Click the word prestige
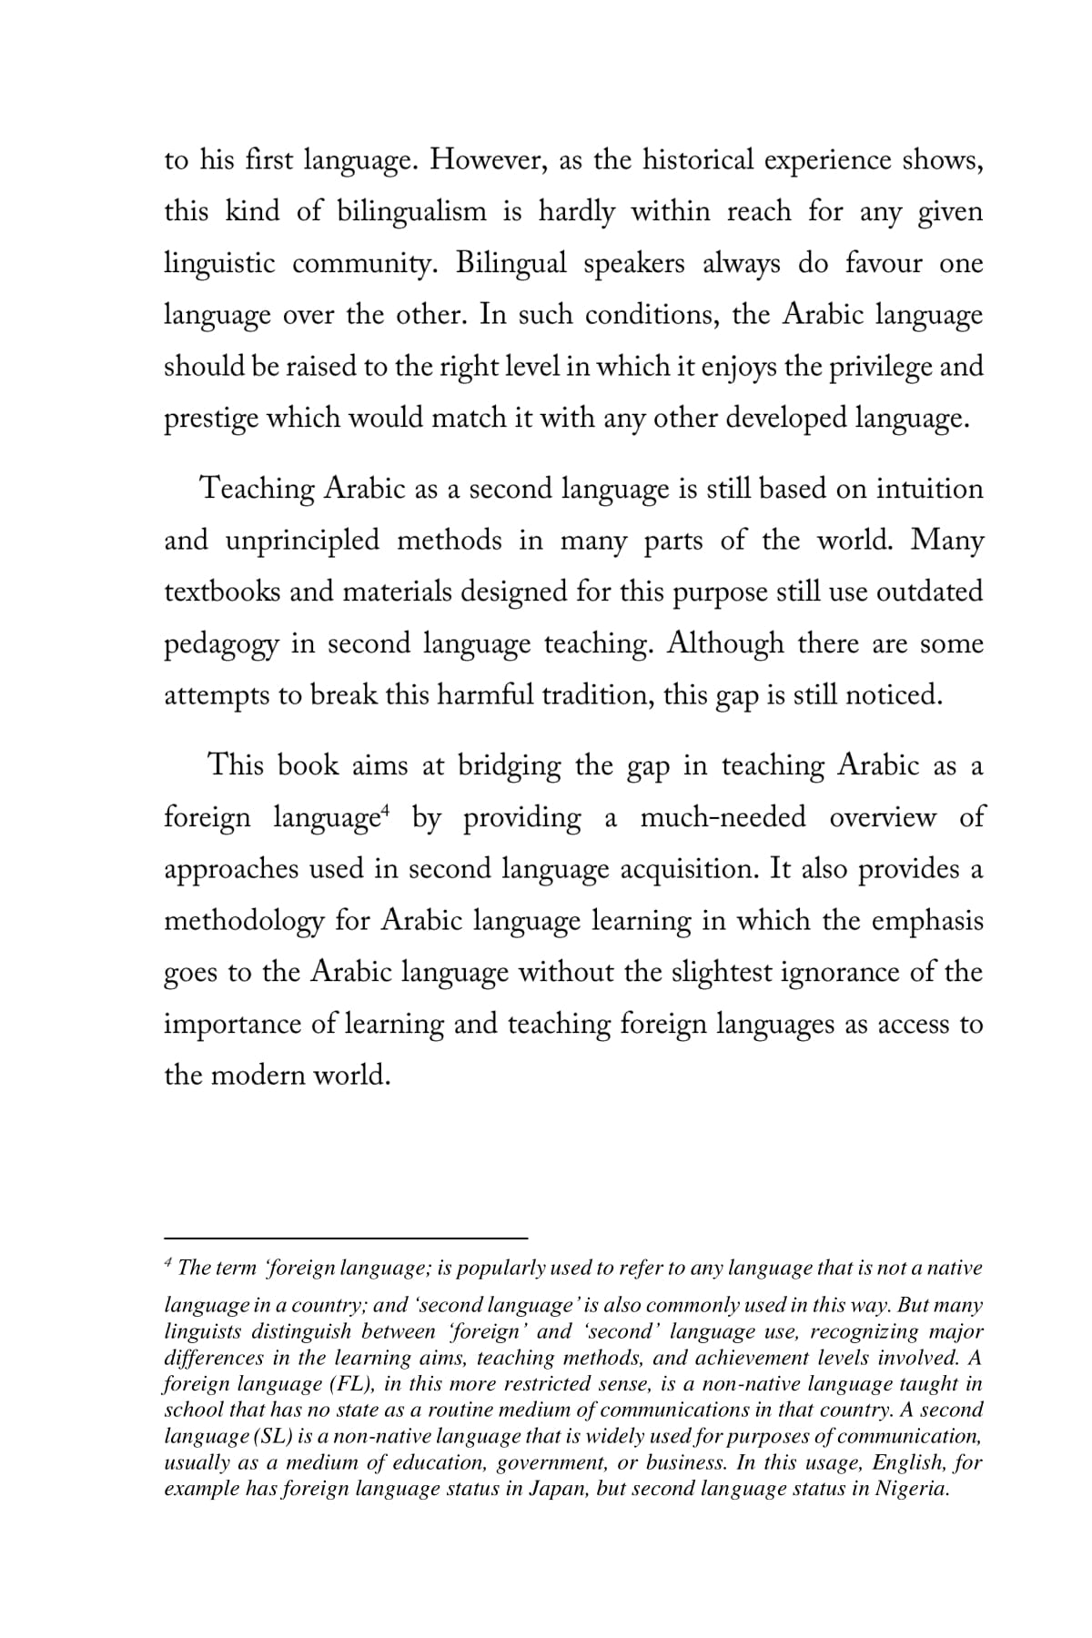click(x=211, y=419)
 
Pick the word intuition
click(x=929, y=489)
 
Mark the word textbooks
click(x=219, y=592)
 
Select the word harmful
click(x=484, y=696)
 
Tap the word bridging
click(x=509, y=766)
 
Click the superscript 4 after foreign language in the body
click(x=386, y=809)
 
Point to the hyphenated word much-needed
click(x=723, y=817)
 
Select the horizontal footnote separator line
click(x=346, y=1238)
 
